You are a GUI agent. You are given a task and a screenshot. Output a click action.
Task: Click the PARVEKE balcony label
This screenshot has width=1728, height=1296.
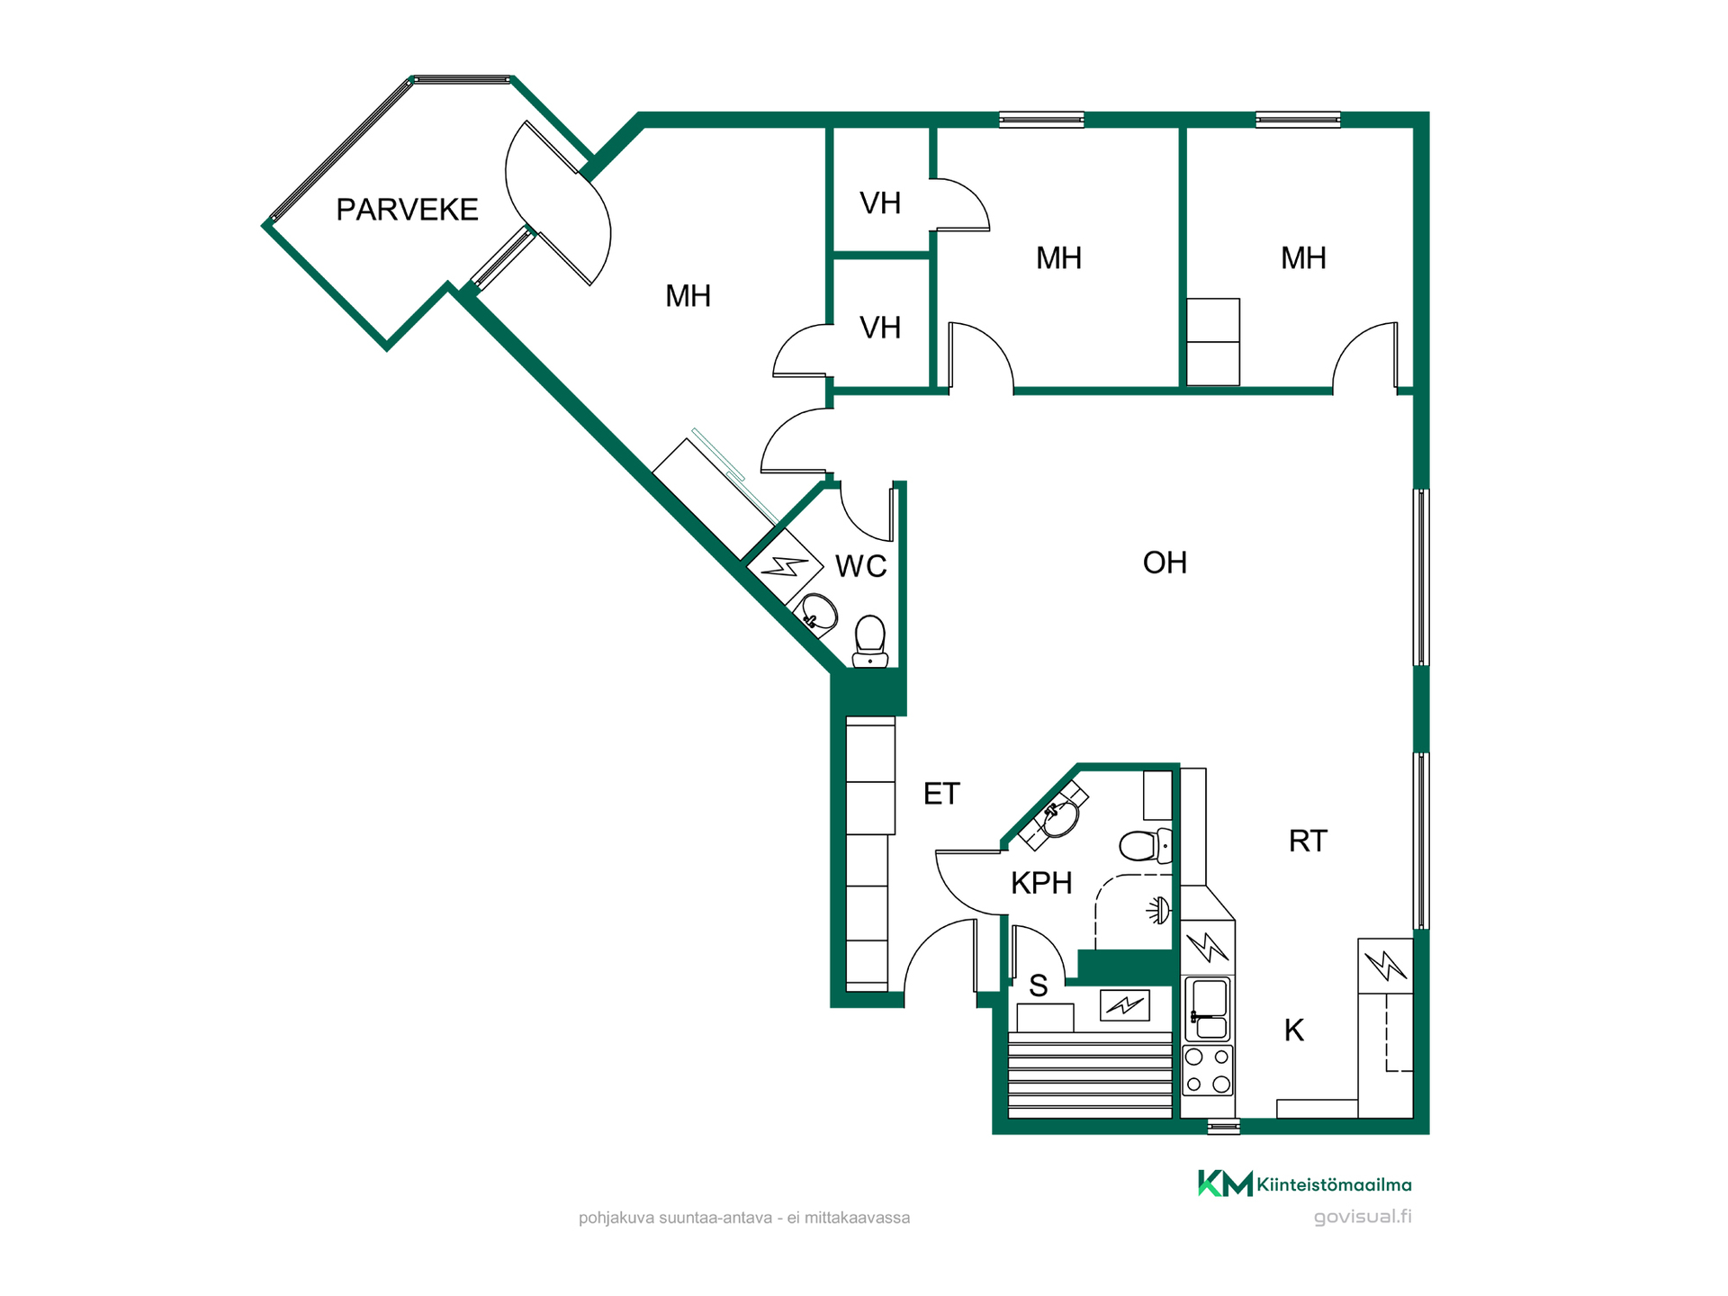407,210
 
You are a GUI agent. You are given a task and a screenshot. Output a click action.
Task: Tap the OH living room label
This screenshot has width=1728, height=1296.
1165,562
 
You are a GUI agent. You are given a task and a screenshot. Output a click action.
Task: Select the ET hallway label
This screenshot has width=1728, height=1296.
941,794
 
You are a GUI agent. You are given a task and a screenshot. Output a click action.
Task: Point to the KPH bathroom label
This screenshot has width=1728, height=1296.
1041,883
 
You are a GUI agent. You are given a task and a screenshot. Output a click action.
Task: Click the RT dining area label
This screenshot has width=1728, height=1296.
1308,841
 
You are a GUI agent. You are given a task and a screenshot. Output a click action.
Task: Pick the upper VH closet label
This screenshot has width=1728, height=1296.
880,203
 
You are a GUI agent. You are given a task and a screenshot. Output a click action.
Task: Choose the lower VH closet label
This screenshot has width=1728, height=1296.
880,328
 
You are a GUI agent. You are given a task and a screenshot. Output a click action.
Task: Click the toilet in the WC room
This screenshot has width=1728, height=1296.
869,641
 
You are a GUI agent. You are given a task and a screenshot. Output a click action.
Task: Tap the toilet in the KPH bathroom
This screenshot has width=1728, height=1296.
1146,846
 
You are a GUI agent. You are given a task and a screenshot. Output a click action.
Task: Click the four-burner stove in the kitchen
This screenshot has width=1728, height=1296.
1207,1071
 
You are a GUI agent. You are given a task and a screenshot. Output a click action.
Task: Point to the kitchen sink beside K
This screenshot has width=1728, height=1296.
1207,1010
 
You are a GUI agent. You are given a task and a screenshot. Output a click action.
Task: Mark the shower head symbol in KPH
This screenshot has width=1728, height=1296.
1159,911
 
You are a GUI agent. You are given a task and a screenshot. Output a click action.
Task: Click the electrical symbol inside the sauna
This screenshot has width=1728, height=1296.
1125,1004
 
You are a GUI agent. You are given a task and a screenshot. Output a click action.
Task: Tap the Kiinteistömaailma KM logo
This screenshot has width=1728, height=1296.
1304,1183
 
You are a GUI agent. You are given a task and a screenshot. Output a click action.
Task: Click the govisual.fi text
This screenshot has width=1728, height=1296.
1363,1217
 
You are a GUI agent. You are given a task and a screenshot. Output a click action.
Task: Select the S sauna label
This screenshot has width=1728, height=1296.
1039,986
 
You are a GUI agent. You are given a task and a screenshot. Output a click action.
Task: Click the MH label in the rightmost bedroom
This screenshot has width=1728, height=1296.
1303,258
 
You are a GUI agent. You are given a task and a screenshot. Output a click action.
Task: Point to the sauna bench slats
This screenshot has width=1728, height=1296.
1090,1075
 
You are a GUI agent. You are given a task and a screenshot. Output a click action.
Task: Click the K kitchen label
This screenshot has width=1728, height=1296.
1294,1030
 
